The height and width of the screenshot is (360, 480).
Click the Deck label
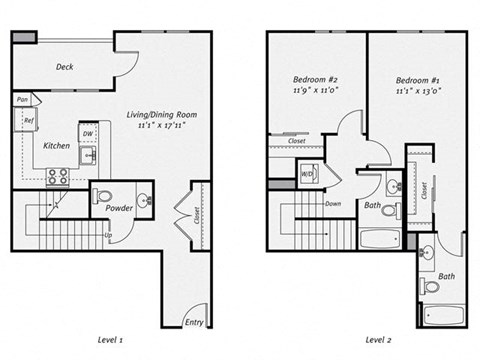coord(64,67)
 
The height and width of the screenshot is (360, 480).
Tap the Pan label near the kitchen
coord(22,100)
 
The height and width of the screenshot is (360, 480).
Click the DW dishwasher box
coord(88,133)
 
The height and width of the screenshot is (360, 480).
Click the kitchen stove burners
coord(58,176)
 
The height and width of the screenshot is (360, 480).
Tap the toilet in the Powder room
coord(104,196)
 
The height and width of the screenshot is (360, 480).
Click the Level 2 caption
coord(377,341)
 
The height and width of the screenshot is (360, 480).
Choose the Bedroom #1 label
coord(415,80)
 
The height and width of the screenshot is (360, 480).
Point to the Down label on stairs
coord(332,204)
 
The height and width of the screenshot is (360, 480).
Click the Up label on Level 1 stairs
coord(107,236)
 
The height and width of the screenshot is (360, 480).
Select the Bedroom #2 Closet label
coord(297,141)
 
